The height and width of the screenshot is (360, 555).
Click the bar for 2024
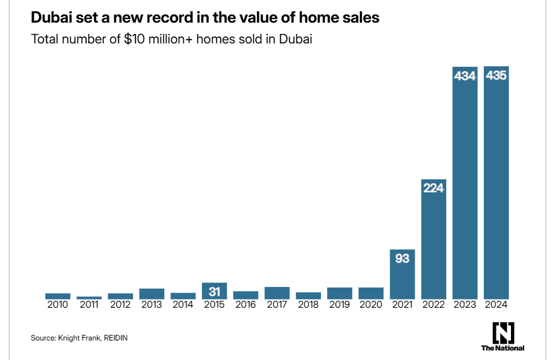pyautogui.click(x=496, y=189)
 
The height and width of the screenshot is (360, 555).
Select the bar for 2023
pyautogui.click(x=465, y=189)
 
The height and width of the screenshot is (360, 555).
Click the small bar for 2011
pyautogui.click(x=89, y=297)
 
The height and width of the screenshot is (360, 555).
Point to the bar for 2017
pyautogui.click(x=277, y=293)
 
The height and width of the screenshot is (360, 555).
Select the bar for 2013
pyautogui.click(x=152, y=293)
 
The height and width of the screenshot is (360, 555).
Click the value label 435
pyautogui.click(x=496, y=76)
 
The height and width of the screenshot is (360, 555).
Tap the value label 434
pyautogui.click(x=465, y=76)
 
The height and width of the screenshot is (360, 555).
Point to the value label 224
pyautogui.click(x=434, y=188)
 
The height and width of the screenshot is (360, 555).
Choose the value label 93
pyautogui.click(x=402, y=258)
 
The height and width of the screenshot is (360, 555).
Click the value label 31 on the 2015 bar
pyautogui.click(x=215, y=291)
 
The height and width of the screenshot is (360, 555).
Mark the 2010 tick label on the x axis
pyautogui.click(x=58, y=305)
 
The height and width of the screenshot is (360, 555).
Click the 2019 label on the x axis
pyautogui.click(x=340, y=305)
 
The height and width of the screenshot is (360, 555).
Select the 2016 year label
pyautogui.click(x=245, y=305)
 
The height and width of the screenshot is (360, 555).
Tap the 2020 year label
pyautogui.click(x=371, y=305)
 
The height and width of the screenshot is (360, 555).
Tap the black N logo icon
pyautogui.click(x=503, y=332)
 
